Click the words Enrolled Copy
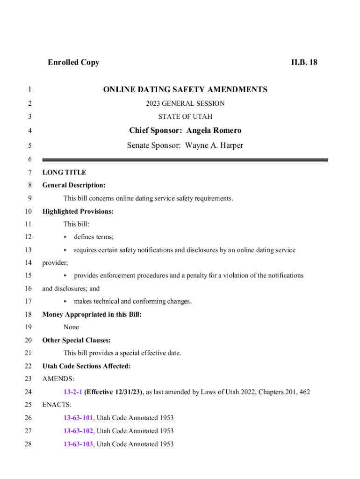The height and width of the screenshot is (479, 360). click(x=73, y=62)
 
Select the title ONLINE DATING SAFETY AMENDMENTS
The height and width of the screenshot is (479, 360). click(x=185, y=89)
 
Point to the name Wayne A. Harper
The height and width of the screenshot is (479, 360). click(x=214, y=145)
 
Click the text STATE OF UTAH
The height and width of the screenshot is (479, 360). click(x=185, y=116)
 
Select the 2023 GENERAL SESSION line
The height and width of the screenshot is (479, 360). click(x=185, y=103)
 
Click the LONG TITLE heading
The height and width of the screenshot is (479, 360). click(x=64, y=172)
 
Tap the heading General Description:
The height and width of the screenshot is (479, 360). click(x=74, y=185)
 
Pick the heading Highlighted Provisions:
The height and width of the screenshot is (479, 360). click(x=78, y=211)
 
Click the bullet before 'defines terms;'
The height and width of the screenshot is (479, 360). click(x=65, y=238)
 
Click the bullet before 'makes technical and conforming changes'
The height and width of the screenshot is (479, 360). click(x=65, y=302)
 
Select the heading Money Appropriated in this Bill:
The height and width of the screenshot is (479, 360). click(x=92, y=315)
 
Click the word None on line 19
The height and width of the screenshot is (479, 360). click(x=71, y=327)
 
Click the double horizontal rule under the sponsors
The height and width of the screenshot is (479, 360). click(x=185, y=160)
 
